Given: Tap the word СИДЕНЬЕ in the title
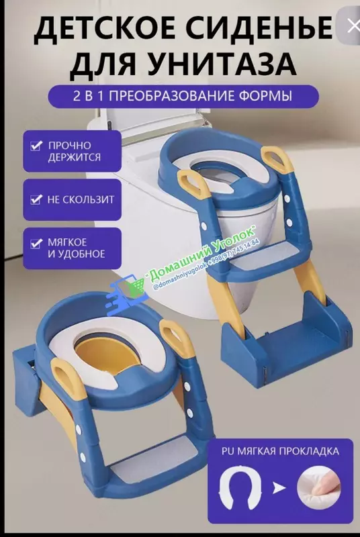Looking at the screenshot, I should coord(264,30).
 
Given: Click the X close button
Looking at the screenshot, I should coord(353,26).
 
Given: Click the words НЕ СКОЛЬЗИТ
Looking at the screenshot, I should coord(81,199).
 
